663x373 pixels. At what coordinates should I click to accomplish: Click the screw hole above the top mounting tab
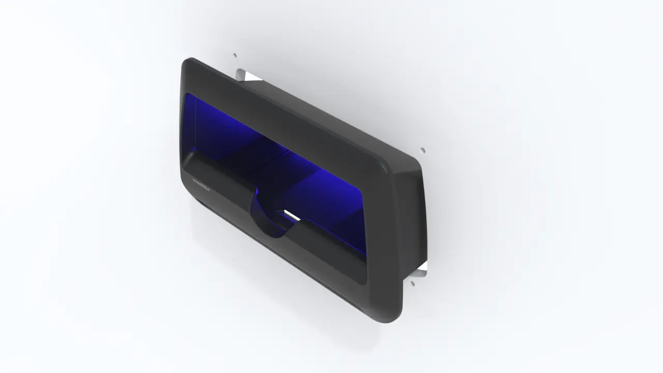[x=235, y=55]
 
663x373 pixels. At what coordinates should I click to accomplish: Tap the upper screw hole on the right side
[x=423, y=150]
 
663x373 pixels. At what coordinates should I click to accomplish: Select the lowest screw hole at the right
[x=413, y=283]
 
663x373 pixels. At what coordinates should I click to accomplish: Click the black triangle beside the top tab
[x=252, y=78]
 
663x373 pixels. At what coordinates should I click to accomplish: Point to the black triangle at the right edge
[x=423, y=266]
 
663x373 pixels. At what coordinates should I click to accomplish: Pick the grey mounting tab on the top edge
[x=240, y=75]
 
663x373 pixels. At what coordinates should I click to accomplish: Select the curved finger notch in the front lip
[x=269, y=218]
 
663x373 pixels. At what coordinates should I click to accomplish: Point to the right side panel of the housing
[x=412, y=218]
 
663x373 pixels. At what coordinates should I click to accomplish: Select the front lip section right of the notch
[x=331, y=249]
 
